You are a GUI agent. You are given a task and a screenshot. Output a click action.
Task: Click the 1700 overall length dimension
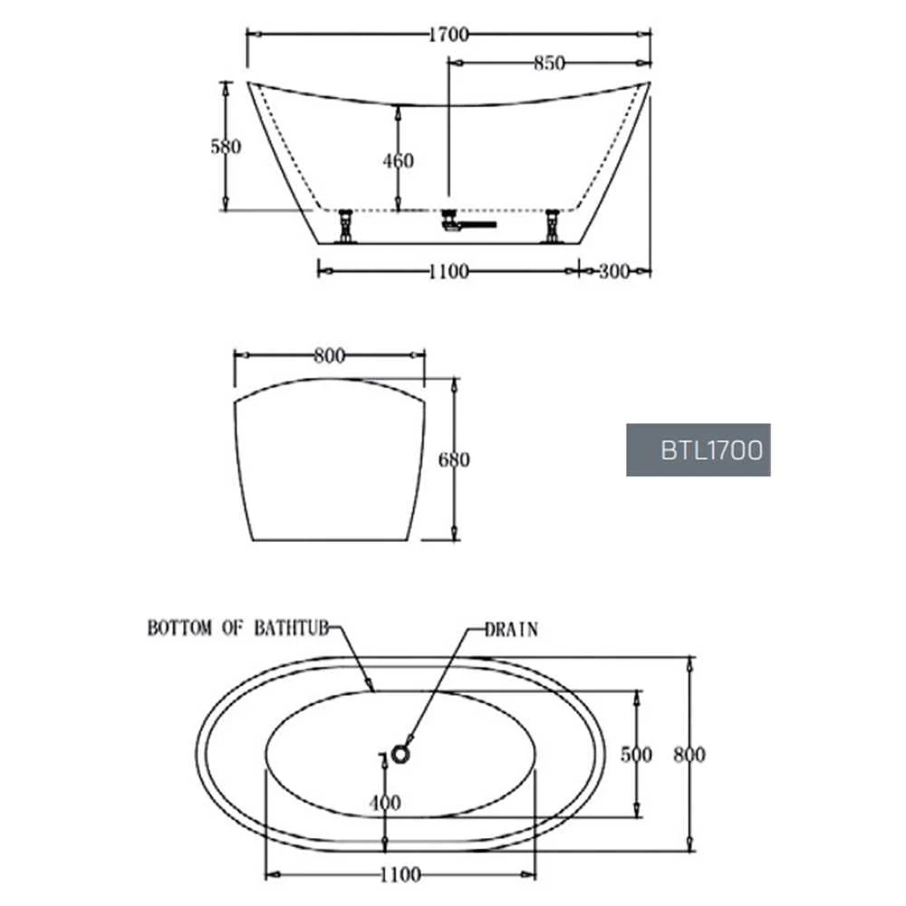pyautogui.click(x=448, y=35)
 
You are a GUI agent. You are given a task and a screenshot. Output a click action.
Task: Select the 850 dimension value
pyautogui.click(x=549, y=63)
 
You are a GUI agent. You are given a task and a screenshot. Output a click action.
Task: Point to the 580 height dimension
pyautogui.click(x=226, y=146)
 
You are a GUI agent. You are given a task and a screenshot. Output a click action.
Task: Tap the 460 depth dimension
pyautogui.click(x=398, y=160)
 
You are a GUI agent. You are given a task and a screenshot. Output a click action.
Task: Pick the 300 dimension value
pyautogui.click(x=614, y=271)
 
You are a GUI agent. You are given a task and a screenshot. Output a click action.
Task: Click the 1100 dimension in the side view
pyautogui.click(x=448, y=271)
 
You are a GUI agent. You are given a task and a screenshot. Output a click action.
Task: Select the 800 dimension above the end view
pyautogui.click(x=329, y=357)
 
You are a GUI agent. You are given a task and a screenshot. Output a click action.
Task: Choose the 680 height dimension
pyautogui.click(x=454, y=460)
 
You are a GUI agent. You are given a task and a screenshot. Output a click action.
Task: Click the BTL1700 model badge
pyautogui.click(x=699, y=450)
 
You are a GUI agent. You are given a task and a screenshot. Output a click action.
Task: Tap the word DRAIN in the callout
pyautogui.click(x=511, y=629)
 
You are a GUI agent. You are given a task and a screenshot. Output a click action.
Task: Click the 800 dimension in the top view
pyautogui.click(x=690, y=755)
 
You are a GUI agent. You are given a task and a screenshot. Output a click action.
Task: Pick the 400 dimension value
pyautogui.click(x=385, y=802)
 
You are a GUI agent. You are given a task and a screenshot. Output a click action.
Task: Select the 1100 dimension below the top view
pyautogui.click(x=400, y=874)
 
